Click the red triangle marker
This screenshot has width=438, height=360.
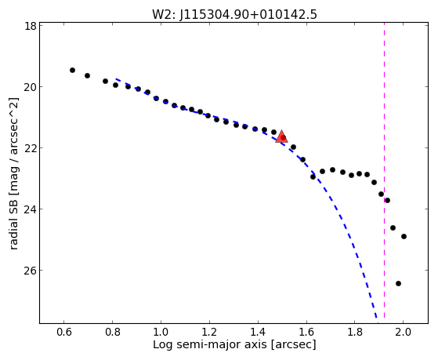coord(281,136)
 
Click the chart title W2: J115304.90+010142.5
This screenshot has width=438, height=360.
coord(234,15)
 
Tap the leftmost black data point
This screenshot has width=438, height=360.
coord(72,71)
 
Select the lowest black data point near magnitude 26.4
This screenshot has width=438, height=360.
coord(398,284)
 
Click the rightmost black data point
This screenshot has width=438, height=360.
coord(404,236)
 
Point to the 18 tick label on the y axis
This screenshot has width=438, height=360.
coord(31,26)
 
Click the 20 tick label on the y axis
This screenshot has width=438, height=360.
coord(31,87)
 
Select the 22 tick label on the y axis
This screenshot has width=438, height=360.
coord(31,148)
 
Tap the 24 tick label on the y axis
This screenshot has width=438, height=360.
coord(31,209)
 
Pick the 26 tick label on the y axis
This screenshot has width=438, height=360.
coord(31,271)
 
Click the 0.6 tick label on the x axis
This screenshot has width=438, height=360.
coord(64,332)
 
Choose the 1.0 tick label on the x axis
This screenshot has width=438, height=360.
coord(161,332)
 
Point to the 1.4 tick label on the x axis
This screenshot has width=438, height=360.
coord(258,332)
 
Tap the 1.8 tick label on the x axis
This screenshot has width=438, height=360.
coord(354,332)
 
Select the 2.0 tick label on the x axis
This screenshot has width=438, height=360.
coord(403,332)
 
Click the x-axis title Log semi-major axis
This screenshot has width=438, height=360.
coord(210,344)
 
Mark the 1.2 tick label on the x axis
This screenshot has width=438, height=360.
coord(209,332)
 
